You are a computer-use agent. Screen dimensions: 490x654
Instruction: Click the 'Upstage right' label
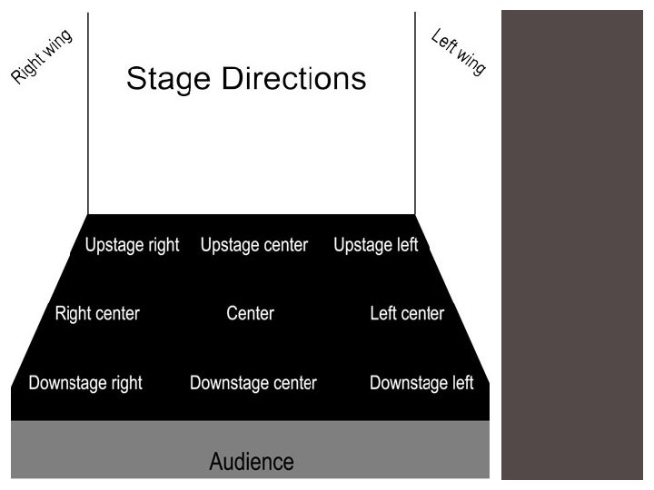tap(132, 245)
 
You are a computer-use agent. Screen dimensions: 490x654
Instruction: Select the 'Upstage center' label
tap(253, 245)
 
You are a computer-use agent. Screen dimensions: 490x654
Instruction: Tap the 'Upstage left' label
tap(375, 245)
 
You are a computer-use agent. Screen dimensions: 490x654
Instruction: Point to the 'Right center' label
tap(97, 314)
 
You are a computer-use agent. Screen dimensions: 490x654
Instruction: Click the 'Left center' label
tap(407, 314)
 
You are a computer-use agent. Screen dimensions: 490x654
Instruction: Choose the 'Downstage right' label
tap(85, 383)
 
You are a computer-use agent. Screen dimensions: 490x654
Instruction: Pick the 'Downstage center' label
tap(253, 383)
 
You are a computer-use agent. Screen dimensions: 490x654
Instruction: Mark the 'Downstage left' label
tap(421, 383)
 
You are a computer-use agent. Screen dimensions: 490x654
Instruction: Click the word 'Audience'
tap(252, 461)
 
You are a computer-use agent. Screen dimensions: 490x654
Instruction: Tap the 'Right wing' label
tap(42, 56)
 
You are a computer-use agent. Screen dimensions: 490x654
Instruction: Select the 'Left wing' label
tap(459, 53)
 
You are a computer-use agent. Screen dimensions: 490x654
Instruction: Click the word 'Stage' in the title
tap(163, 78)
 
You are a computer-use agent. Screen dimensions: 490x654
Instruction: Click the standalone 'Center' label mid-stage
tap(250, 314)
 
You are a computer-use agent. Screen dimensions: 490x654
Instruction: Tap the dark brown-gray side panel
tap(572, 245)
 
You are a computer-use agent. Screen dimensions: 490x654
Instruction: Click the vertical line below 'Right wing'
tap(88, 136)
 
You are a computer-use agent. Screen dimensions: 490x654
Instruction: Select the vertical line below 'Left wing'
tap(415, 136)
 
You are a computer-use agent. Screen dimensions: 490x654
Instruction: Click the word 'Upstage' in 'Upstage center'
tap(230, 246)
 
